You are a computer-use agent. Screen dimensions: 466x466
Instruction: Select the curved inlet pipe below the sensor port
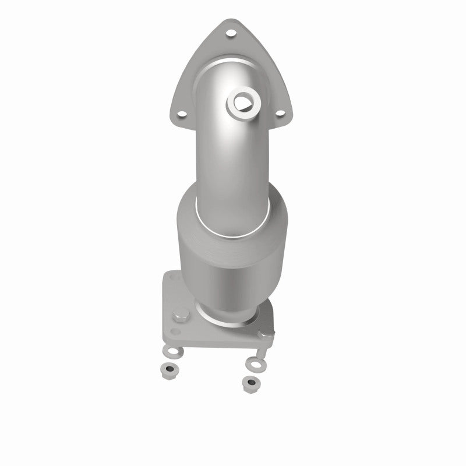(x=227, y=157)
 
